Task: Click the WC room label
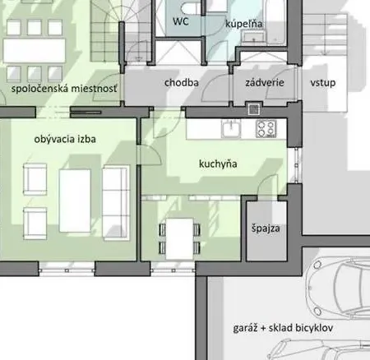click(x=180, y=22)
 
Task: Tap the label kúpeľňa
click(x=243, y=25)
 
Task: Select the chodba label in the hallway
click(x=181, y=83)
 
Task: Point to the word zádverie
click(x=265, y=83)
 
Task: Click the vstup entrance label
click(x=321, y=83)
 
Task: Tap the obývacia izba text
click(x=66, y=139)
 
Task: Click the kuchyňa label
click(x=218, y=164)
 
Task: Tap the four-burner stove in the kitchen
click(x=266, y=128)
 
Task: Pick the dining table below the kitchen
click(x=179, y=238)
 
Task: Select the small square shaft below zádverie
click(x=254, y=108)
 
